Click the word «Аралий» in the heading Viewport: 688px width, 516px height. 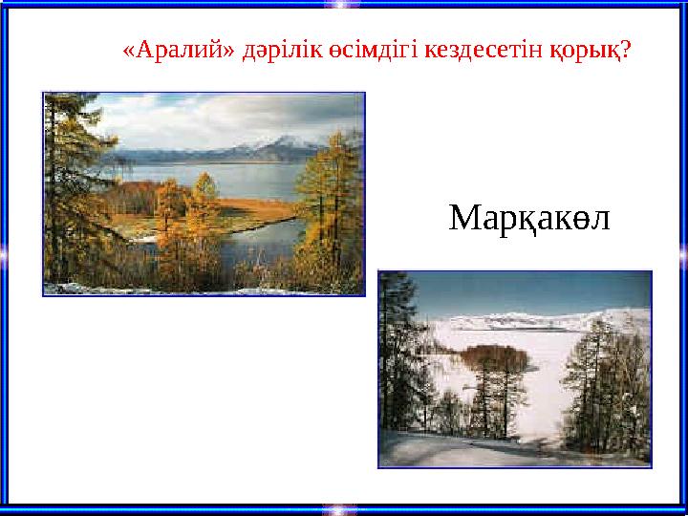tap(165, 49)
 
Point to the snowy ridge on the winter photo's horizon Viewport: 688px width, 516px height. tap(535, 320)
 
